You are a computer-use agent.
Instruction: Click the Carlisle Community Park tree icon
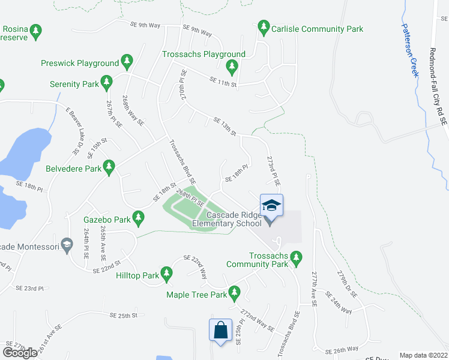pos(263,28)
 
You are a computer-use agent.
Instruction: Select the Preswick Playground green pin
pos(127,62)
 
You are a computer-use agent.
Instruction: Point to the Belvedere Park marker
pos(109,167)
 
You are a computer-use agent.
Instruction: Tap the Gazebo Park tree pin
pos(138,218)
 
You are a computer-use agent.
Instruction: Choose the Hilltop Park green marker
pos(166,275)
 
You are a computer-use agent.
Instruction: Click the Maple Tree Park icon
pos(235,293)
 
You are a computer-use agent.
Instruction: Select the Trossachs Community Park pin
pos(295,258)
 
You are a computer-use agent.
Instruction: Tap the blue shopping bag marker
pos(220,330)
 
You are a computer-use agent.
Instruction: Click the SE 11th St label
pos(223,82)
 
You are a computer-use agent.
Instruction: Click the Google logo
pos(20,352)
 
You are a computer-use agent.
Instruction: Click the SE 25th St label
pos(124,315)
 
